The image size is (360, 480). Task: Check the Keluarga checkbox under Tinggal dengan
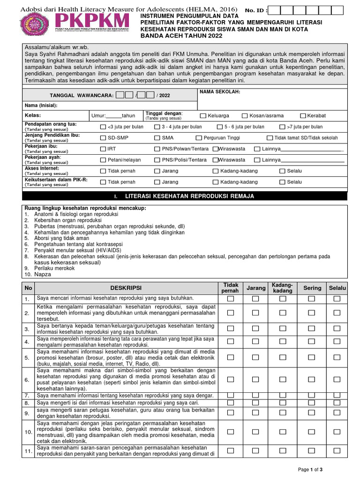pyautogui.click(x=203, y=116)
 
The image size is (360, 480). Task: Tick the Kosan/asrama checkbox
pyautogui.click(x=245, y=116)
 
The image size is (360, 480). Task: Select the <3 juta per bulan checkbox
pyautogui.click(x=103, y=127)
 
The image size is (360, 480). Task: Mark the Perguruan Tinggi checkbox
pyautogui.click(x=199, y=138)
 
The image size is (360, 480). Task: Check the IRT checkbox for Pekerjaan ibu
pyautogui.click(x=103, y=149)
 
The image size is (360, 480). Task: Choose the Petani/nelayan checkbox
pyautogui.click(x=103, y=160)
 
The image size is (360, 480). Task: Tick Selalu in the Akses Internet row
pyautogui.click(x=282, y=171)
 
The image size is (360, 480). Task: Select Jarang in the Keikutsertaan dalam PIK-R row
pyautogui.click(x=157, y=182)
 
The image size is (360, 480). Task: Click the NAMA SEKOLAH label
pyautogui.click(x=220, y=92)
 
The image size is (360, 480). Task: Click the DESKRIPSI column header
pyautogui.click(x=126, y=287)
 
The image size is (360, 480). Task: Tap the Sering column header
pyautogui.click(x=313, y=287)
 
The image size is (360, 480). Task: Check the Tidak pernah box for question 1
pyautogui.click(x=231, y=299)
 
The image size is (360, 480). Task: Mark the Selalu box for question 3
pyautogui.click(x=337, y=329)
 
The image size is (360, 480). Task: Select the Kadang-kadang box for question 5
pyautogui.click(x=283, y=357)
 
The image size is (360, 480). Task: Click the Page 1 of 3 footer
pyautogui.click(x=310, y=469)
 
